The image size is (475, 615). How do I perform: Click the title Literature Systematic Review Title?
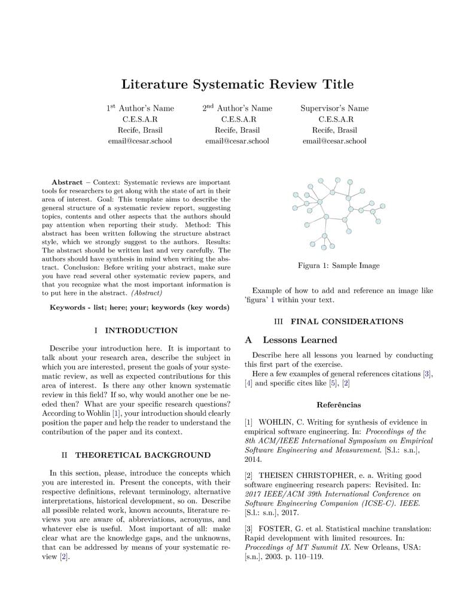(237, 84)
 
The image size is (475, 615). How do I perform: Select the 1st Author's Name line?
(141, 108)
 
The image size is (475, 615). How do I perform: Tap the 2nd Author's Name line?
(237, 108)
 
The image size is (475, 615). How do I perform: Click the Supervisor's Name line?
(334, 108)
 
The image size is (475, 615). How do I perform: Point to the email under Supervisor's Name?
(334, 141)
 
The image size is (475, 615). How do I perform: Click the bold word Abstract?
(67, 182)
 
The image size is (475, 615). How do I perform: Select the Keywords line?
(139, 307)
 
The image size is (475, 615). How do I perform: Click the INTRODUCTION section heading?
(141, 330)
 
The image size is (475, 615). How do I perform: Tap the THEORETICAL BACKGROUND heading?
(142, 455)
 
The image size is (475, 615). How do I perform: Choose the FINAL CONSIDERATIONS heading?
(346, 321)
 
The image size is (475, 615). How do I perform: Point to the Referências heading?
(339, 405)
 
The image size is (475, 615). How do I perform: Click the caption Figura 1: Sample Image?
(339, 266)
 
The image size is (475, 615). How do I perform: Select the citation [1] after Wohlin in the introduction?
(117, 413)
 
